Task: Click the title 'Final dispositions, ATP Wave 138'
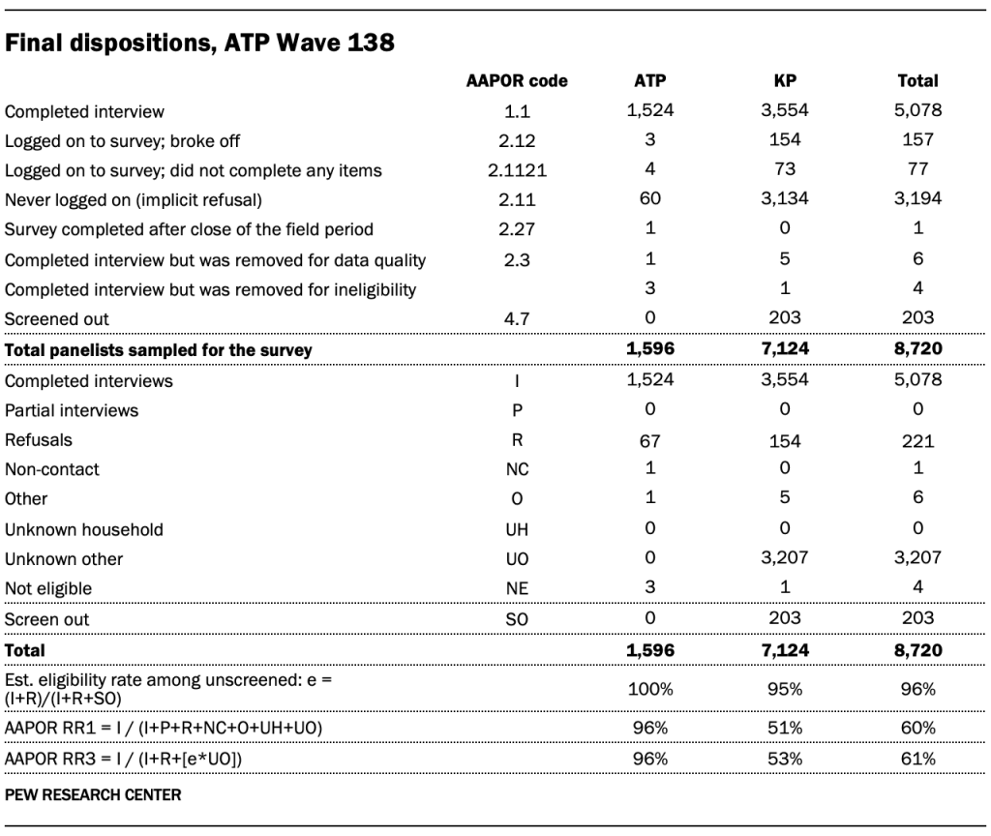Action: click(199, 43)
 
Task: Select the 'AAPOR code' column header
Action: click(517, 81)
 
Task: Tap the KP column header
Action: click(785, 81)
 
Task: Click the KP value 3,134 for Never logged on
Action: click(785, 199)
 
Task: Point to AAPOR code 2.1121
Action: click(517, 170)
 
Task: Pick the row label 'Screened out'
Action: click(57, 318)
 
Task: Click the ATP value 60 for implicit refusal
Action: click(649, 199)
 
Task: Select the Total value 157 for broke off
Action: click(917, 140)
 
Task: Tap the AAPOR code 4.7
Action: click(517, 318)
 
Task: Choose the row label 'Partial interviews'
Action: click(72, 410)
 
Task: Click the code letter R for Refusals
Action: click(517, 440)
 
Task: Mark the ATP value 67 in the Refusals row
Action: click(649, 440)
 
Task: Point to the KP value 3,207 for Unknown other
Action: click(785, 559)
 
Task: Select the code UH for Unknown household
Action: click(517, 530)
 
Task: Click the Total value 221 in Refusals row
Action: click(917, 440)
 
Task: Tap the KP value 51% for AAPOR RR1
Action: click(785, 727)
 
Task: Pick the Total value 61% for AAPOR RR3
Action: click(917, 759)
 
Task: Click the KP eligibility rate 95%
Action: click(785, 689)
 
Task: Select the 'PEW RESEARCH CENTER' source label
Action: click(93, 795)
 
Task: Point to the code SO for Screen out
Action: click(517, 619)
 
